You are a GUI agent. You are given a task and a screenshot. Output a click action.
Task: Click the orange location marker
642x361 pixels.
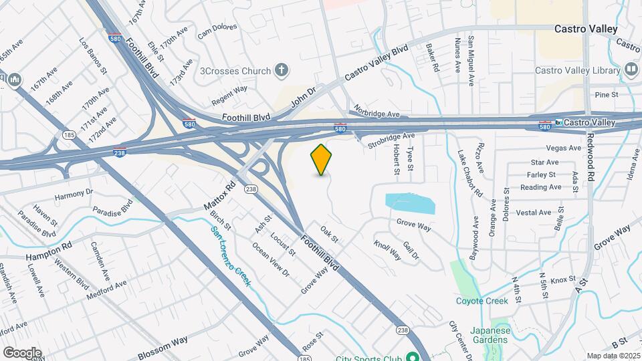coord(322,159)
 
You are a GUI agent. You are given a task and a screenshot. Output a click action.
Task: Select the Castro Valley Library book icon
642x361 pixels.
coord(631,70)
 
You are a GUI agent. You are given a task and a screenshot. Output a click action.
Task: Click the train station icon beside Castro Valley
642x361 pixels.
coord(558,123)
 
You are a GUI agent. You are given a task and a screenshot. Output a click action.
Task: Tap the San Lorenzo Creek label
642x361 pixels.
coord(231,256)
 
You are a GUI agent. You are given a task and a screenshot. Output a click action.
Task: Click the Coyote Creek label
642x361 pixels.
coord(481,301)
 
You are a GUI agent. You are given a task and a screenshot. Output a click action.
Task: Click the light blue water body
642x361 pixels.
coord(410,203)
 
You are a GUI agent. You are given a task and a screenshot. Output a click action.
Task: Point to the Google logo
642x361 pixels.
coord(22,352)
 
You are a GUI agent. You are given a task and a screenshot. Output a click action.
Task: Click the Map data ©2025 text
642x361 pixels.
coord(613,356)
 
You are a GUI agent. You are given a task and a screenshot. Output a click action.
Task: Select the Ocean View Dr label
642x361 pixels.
coord(270,259)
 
